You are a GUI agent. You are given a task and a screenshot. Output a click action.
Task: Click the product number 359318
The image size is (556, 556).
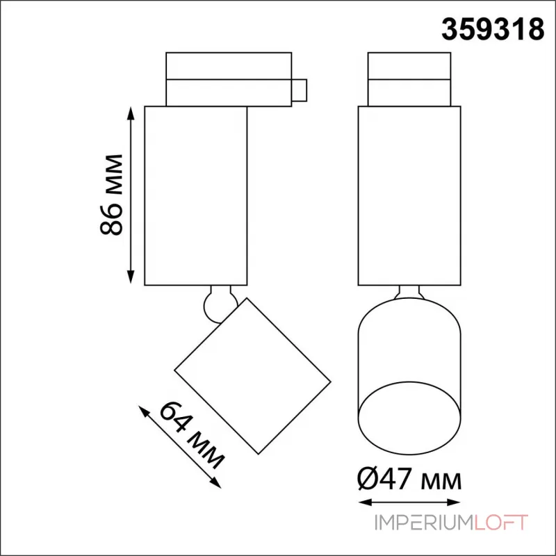tap(493, 29)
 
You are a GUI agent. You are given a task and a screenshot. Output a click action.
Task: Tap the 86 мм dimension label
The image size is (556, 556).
tap(111, 195)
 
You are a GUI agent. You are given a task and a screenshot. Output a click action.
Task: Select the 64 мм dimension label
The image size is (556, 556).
tap(192, 435)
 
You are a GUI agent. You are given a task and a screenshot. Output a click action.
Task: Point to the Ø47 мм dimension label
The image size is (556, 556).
tap(409, 479)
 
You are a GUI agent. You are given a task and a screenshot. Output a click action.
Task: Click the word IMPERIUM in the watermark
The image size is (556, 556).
tap(424, 523)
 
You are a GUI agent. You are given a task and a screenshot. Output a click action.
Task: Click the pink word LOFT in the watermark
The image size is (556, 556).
tap(500, 523)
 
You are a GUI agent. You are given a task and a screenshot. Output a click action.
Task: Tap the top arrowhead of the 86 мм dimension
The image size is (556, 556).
tap(131, 113)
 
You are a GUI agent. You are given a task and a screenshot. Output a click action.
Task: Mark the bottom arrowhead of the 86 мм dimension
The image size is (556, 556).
tap(131, 277)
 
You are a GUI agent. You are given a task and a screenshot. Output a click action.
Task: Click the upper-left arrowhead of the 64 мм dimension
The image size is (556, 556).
tap(143, 411)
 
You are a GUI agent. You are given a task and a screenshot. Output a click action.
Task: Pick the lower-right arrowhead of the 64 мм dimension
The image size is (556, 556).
tap(216, 483)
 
